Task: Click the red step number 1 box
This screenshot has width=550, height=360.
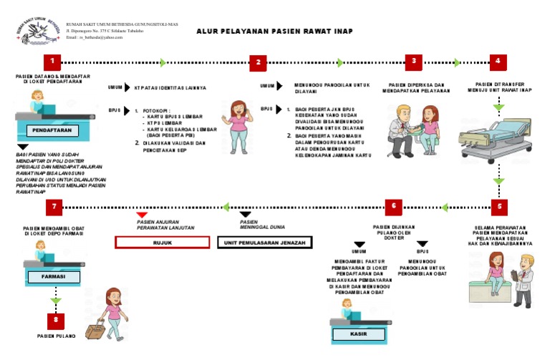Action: [52, 62]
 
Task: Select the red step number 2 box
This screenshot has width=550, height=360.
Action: [259, 62]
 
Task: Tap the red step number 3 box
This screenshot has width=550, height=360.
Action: [413, 62]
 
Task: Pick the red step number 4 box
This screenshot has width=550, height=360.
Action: [498, 62]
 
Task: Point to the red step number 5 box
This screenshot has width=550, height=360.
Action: [499, 207]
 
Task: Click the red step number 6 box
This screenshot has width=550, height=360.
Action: [393, 207]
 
